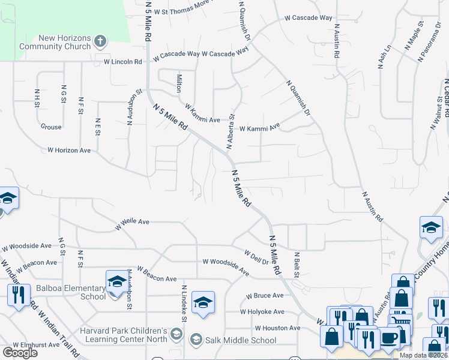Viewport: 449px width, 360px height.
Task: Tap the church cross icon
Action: [100, 42]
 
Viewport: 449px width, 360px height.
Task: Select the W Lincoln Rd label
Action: [122, 62]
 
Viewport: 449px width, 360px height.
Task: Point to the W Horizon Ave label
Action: [69, 150]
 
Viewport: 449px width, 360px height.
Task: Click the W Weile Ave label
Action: [132, 221]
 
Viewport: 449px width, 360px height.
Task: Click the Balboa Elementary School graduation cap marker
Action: [116, 282]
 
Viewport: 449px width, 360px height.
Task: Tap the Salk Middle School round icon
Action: [196, 340]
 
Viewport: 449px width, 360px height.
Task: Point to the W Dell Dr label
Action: [256, 256]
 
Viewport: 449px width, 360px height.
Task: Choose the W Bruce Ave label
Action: [265, 296]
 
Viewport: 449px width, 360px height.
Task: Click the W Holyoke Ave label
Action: [262, 311]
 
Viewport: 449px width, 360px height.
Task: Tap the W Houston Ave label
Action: [277, 328]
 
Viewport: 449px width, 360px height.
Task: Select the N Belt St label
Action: [296, 265]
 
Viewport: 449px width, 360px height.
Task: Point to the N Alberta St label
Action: [230, 132]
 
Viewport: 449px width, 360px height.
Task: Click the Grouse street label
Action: [51, 127]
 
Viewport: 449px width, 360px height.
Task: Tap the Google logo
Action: [20, 353]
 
